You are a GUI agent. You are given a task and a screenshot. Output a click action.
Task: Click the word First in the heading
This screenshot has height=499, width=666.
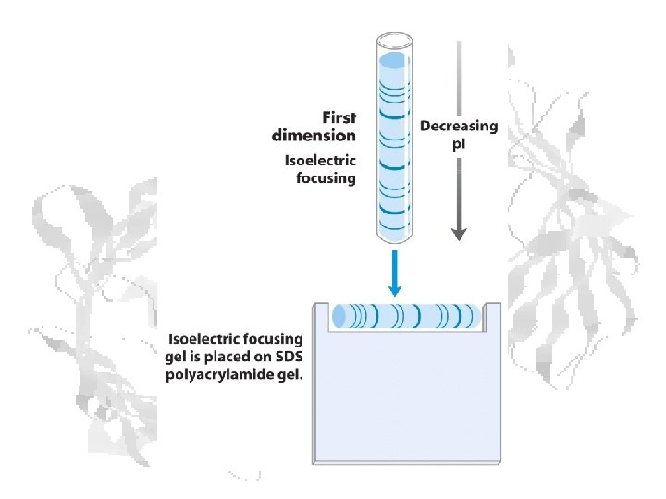pyautogui.click(x=339, y=118)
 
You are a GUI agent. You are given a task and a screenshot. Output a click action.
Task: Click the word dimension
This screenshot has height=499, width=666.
pyautogui.click(x=314, y=135)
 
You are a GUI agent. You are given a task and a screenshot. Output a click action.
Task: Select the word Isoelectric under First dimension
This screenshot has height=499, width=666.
pyautogui.click(x=319, y=160)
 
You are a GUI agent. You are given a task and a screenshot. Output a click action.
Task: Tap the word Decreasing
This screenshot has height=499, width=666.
pyautogui.click(x=459, y=127)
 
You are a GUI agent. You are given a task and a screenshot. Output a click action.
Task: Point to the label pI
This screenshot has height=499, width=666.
pyautogui.click(x=459, y=144)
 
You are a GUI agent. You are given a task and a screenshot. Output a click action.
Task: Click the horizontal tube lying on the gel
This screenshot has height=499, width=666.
pyautogui.click(x=408, y=316)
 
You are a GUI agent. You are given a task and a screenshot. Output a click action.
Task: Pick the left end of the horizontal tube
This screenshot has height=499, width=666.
pyautogui.click(x=339, y=317)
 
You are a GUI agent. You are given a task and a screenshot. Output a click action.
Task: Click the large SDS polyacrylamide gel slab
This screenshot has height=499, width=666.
pyautogui.click(x=407, y=397)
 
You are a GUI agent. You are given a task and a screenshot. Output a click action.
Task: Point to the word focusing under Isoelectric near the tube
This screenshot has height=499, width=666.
pyautogui.click(x=326, y=177)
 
